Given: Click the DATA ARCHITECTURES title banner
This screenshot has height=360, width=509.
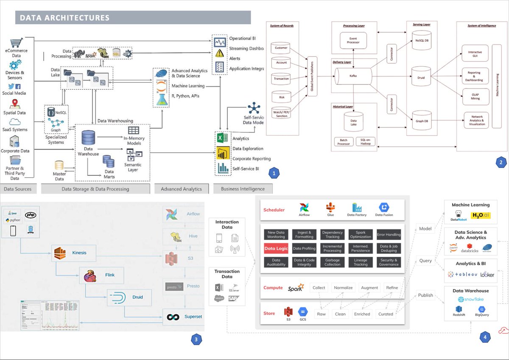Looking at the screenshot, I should click(133, 17).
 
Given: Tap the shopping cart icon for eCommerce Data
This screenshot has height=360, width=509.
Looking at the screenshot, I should click(16, 43).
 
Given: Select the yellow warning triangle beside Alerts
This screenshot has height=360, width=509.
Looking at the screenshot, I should click(219, 53).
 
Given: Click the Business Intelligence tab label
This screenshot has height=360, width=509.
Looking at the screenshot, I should click(243, 189).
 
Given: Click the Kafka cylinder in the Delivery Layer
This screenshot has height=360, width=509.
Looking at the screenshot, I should click(353, 75).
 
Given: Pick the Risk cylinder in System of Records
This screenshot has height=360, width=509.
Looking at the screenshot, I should click(281, 96).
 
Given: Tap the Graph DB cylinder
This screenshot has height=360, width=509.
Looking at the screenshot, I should click(424, 120).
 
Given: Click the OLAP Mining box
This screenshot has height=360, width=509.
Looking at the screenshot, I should click(475, 96).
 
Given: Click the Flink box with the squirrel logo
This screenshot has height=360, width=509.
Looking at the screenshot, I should click(102, 275).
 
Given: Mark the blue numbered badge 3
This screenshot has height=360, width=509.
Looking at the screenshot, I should click(196, 339).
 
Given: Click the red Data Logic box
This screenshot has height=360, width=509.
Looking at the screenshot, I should click(276, 248).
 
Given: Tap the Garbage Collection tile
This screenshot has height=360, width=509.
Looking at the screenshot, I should click(332, 262).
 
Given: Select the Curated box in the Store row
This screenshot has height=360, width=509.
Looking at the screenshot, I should click(386, 314).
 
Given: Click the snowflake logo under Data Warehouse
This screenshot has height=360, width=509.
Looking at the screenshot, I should click(470, 299).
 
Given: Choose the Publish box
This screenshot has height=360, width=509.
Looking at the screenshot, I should click(425, 295).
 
